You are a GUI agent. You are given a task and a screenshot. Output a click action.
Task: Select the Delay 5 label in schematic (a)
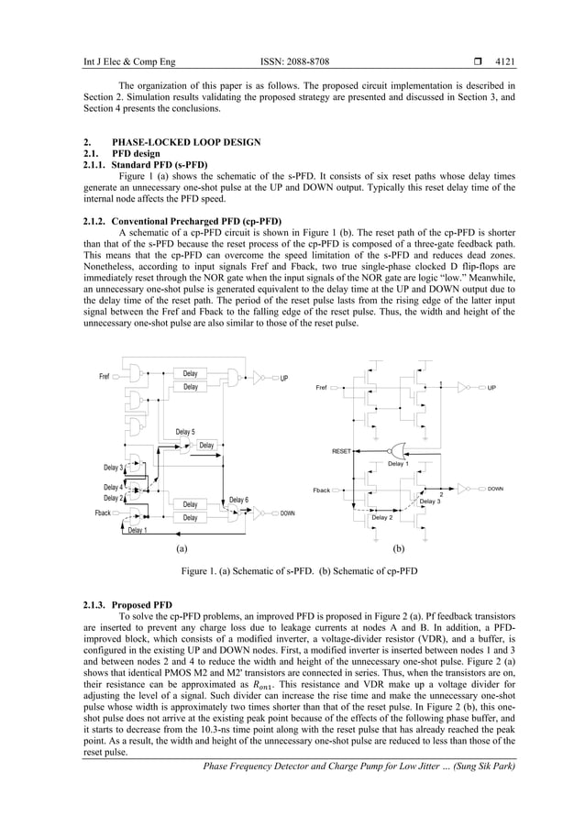(185, 432)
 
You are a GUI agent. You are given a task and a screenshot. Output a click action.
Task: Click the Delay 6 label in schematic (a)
(238, 500)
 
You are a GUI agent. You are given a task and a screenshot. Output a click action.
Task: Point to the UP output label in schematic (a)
(285, 378)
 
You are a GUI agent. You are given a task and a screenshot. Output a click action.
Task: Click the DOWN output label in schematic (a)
(288, 514)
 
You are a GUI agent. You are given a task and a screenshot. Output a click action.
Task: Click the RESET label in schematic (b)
(342, 452)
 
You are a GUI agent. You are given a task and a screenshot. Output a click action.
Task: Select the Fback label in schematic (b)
(321, 491)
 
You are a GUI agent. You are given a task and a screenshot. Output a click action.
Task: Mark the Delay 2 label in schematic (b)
(381, 518)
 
